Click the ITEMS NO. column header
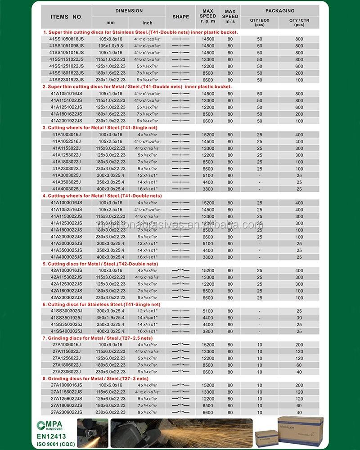[67, 17]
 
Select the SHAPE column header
[180, 17]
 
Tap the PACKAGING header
[279, 10]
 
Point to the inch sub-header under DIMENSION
[147, 22]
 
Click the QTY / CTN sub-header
[299, 22]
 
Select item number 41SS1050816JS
[67, 39]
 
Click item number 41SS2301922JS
[67, 80]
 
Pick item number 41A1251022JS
[67, 107]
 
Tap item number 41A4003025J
[67, 189]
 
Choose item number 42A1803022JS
[67, 291]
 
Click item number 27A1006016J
[67, 345]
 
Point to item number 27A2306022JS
[67, 412]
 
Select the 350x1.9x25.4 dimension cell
[110, 317]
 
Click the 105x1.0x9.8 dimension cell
[110, 46]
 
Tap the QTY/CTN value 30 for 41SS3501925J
[299, 317]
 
